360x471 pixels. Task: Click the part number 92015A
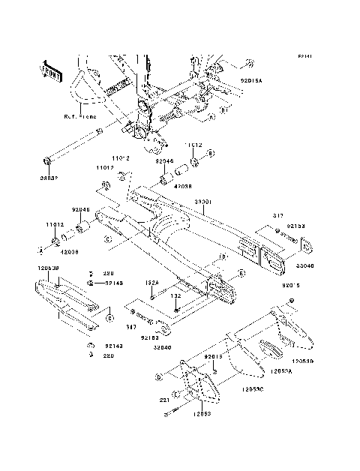click(251, 77)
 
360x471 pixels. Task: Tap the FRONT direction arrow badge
click(55, 70)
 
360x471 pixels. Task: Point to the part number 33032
click(49, 178)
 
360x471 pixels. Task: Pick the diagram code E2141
click(304, 56)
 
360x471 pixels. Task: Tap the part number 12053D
click(312, 361)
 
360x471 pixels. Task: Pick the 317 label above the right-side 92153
click(277, 216)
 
